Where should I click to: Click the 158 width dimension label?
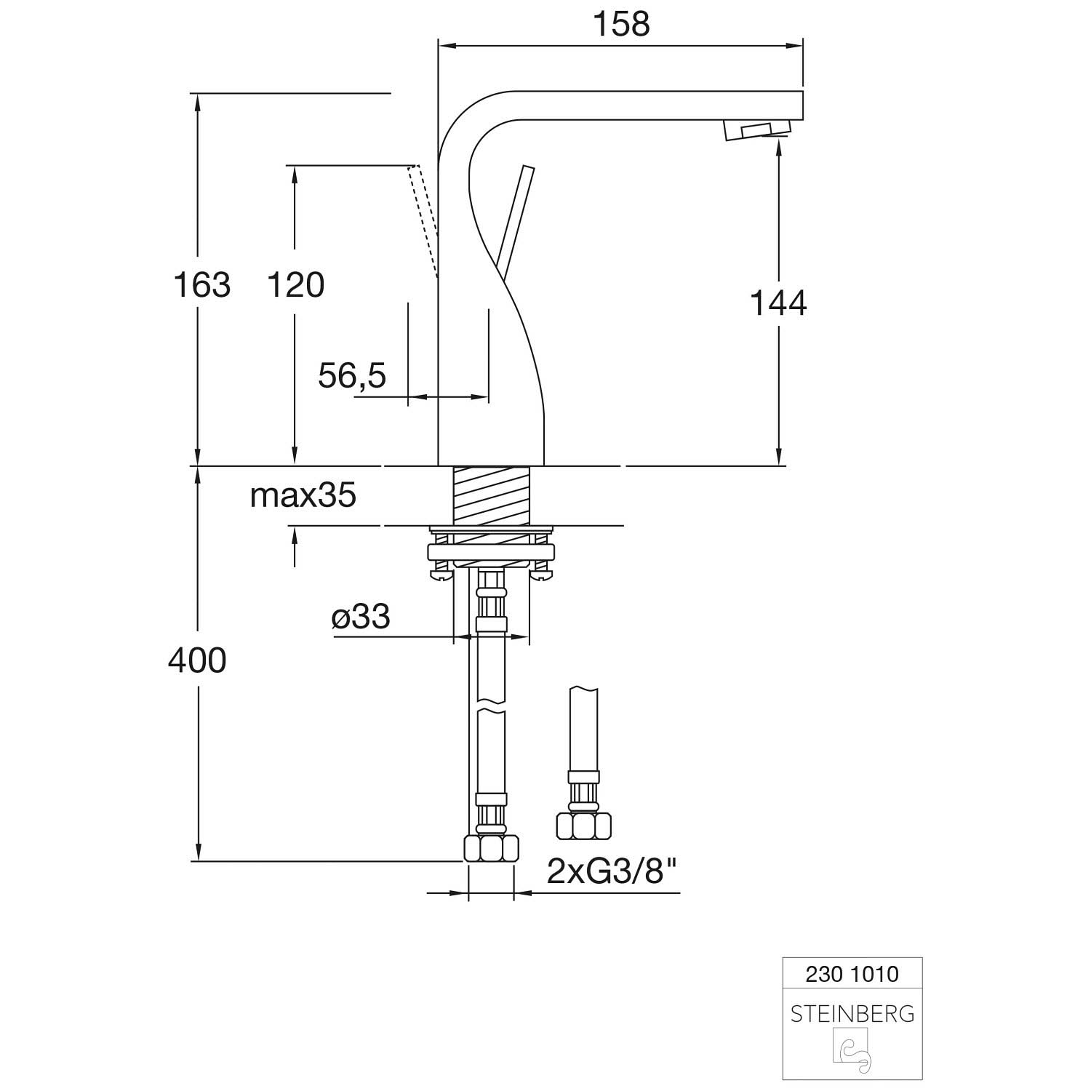621,23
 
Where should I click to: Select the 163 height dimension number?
201,284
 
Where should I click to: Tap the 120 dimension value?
295,284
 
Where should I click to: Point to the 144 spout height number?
778,303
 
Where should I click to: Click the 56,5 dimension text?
352,376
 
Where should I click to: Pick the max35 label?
303,495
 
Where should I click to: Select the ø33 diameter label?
361,618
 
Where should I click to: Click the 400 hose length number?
197,660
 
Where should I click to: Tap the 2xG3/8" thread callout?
612,871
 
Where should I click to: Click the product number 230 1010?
852,974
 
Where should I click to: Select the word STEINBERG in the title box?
852,1014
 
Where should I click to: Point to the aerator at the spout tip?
756,131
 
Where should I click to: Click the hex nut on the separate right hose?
583,826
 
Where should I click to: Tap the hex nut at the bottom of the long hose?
491,848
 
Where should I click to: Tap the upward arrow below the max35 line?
295,547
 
